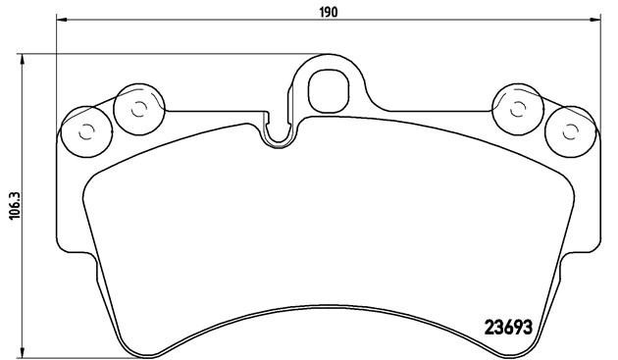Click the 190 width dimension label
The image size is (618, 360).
coord(329,11)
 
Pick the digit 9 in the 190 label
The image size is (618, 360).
coord(329,11)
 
